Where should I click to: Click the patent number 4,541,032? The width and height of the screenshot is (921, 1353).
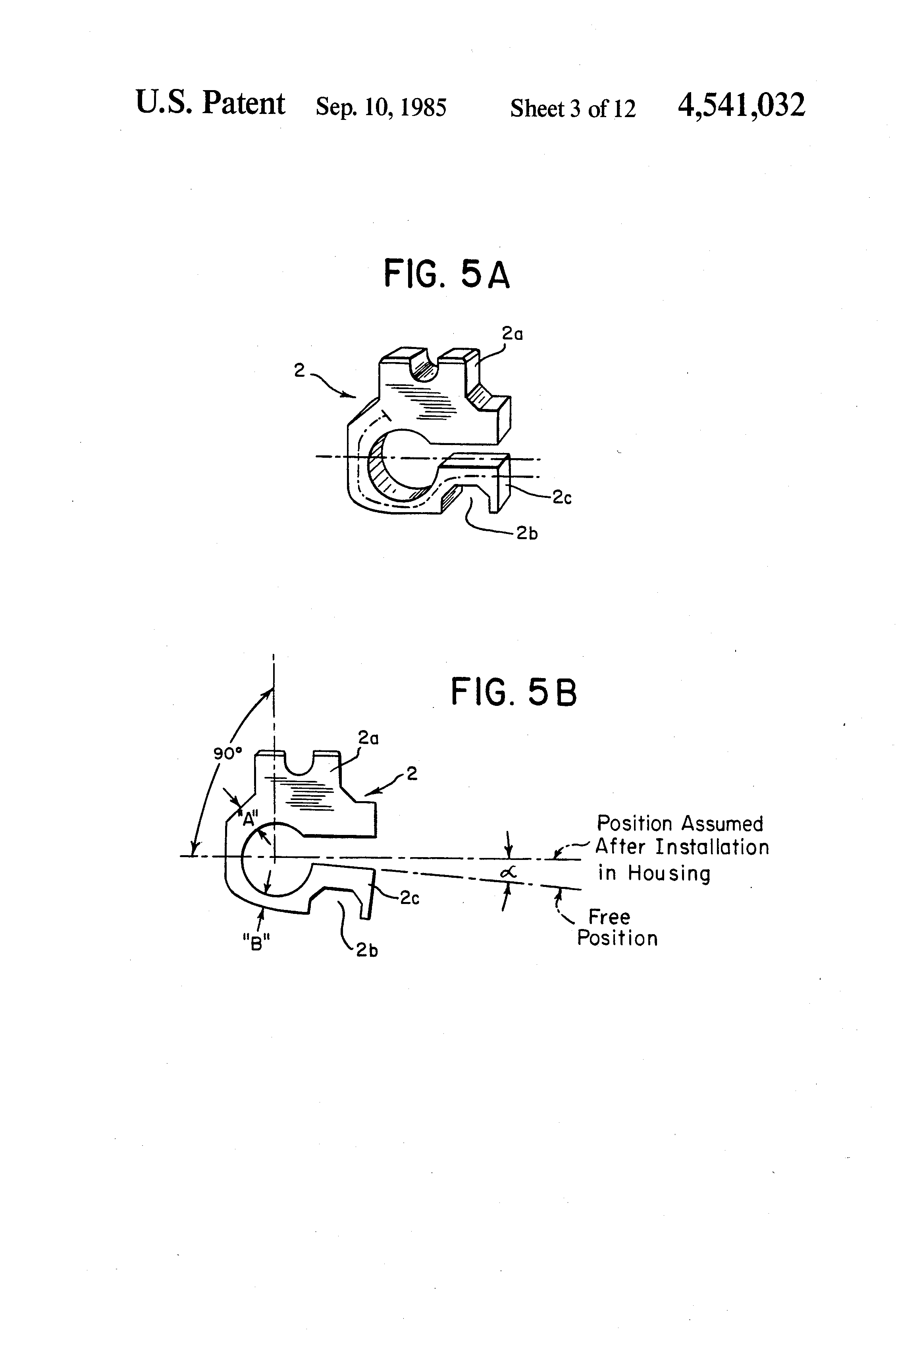[x=741, y=105]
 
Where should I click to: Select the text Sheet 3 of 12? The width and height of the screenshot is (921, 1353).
[x=573, y=108]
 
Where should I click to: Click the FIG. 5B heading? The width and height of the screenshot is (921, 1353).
[x=513, y=693]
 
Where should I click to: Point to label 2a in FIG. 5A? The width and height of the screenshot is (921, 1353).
[x=513, y=333]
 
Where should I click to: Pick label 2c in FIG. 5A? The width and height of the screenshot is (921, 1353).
[x=561, y=498]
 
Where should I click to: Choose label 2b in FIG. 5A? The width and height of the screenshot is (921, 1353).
[x=526, y=533]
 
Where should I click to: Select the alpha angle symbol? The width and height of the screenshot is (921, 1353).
[x=508, y=873]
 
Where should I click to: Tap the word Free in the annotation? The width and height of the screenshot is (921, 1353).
[x=609, y=917]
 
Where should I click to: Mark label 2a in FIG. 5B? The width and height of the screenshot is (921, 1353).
[x=368, y=738]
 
